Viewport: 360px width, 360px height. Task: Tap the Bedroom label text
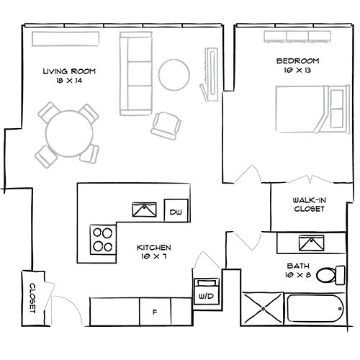(x=297, y=66)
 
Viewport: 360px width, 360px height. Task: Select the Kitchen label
(x=153, y=252)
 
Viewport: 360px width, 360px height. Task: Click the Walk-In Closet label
(x=309, y=204)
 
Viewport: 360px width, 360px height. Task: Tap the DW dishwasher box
(x=176, y=212)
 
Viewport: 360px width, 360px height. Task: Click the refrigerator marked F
(x=155, y=311)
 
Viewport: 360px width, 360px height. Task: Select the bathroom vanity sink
(x=312, y=243)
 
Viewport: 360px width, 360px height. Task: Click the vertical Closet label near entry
(x=32, y=296)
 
